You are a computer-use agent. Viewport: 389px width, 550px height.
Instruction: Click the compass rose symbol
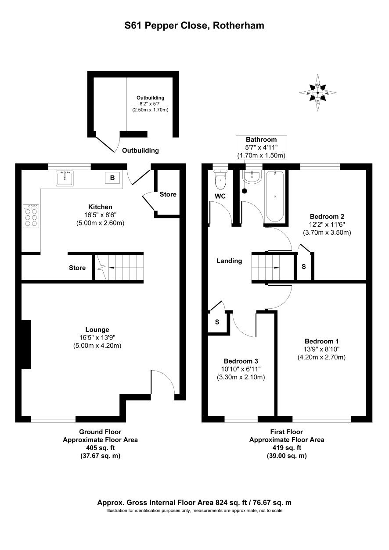(x=317, y=93)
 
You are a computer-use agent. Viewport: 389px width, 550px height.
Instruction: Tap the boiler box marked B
(x=112, y=178)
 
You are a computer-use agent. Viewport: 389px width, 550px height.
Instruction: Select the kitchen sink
(x=65, y=178)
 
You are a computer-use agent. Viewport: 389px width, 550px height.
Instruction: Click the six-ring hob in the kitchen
(x=31, y=216)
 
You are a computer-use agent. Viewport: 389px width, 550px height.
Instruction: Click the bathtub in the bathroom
(x=274, y=196)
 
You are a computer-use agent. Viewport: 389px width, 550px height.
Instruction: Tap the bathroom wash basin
(x=252, y=177)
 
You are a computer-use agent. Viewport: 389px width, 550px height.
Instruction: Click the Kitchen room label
(x=100, y=207)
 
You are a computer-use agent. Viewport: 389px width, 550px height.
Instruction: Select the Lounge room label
(x=97, y=329)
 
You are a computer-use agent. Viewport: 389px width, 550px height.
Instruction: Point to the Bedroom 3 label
(x=241, y=361)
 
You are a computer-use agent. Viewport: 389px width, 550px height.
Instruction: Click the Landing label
(x=229, y=261)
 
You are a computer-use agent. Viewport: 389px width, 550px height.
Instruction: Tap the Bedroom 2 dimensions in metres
(x=327, y=232)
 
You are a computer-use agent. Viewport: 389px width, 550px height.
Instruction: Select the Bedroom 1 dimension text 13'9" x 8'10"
(x=321, y=349)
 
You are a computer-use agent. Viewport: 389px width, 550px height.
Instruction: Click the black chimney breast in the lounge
(x=26, y=344)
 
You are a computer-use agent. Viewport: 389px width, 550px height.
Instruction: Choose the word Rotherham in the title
(x=238, y=25)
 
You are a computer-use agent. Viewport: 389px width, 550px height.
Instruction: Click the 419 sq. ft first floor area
(x=287, y=447)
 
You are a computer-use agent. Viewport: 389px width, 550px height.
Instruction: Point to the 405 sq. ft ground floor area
(x=100, y=447)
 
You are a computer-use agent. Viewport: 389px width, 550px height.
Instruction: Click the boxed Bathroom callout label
(x=261, y=147)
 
